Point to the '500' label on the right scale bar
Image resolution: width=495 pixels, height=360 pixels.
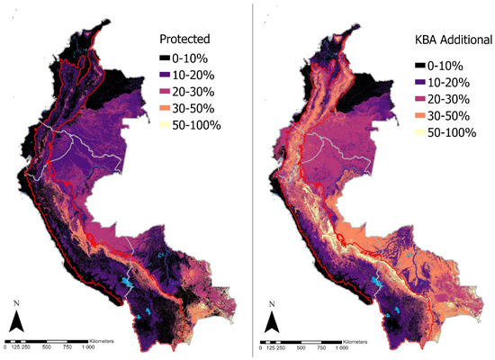pyautogui.click(x=304, y=347)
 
